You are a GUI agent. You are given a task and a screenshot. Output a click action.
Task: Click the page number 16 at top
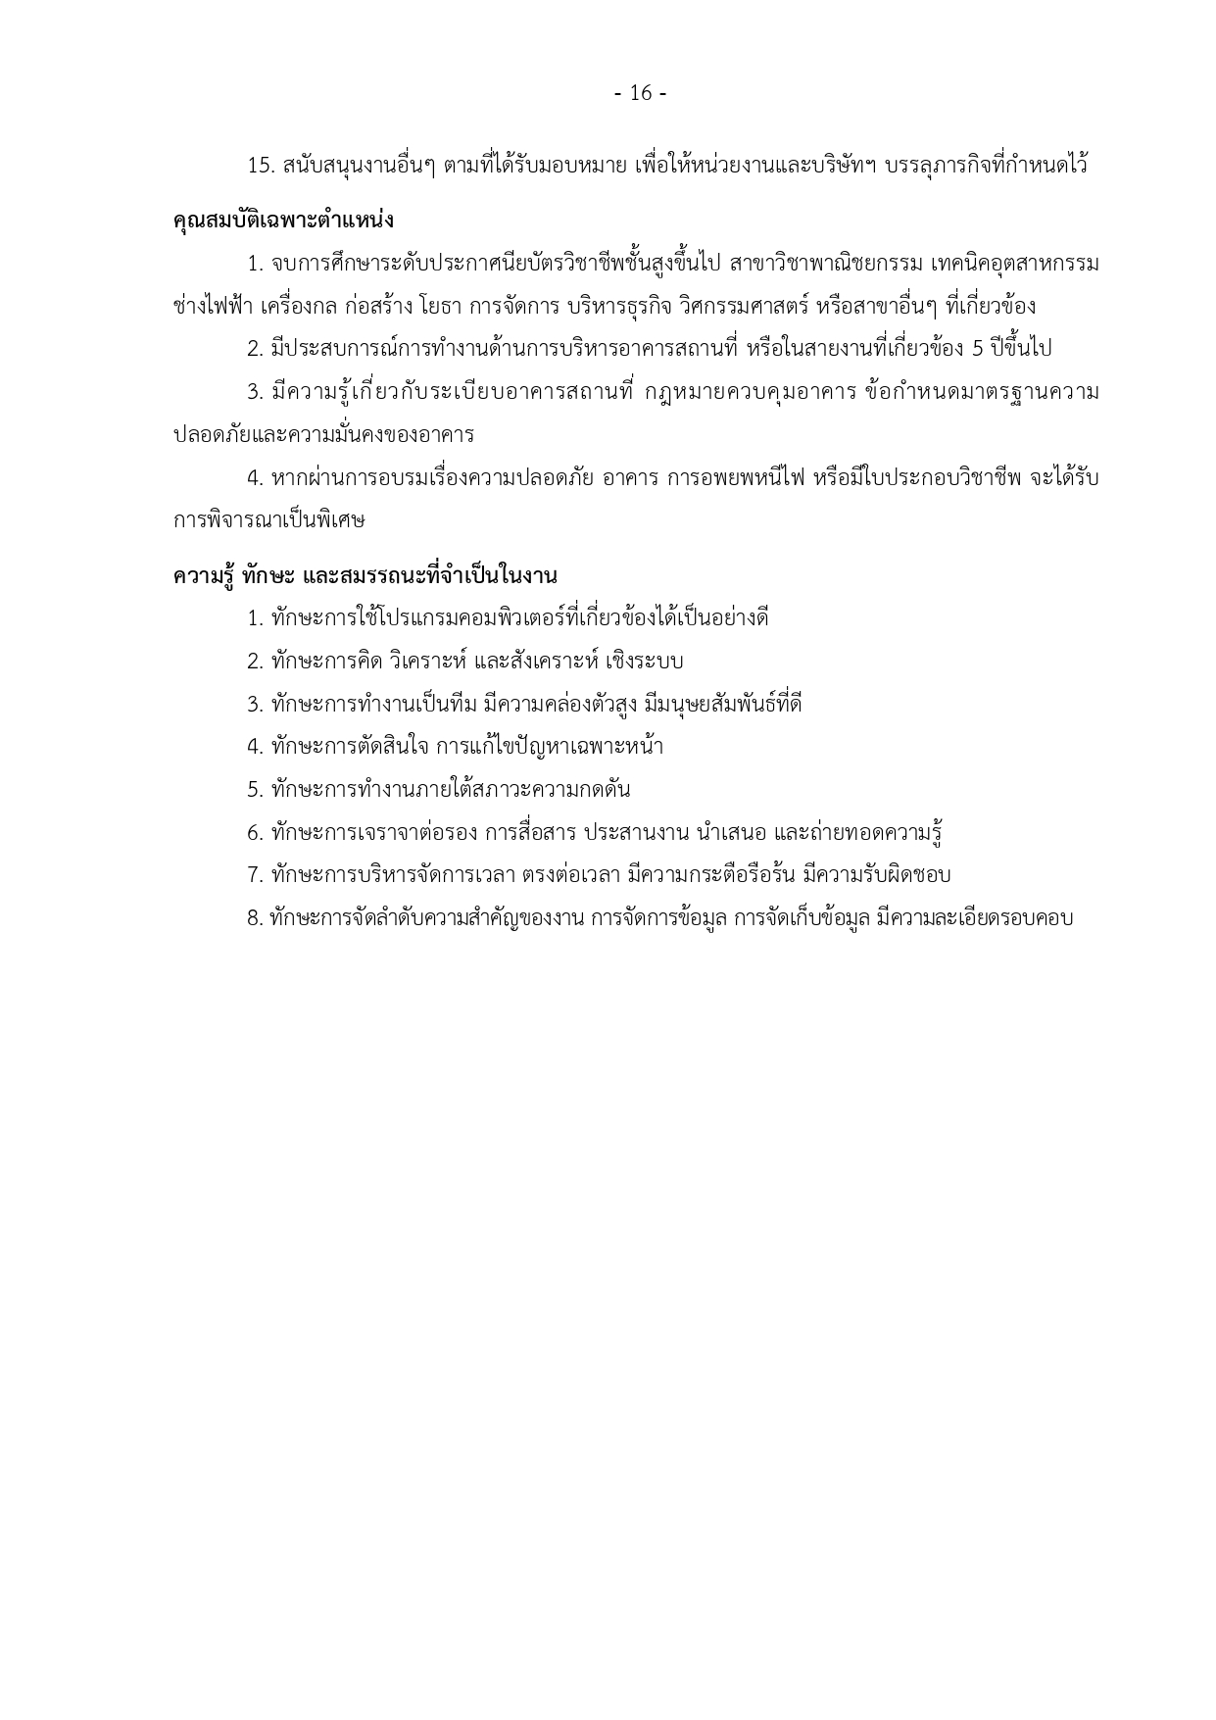640,93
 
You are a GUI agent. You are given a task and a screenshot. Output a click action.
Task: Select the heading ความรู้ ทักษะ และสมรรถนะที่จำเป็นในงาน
365,575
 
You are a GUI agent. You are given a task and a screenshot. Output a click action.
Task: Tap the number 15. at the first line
262,166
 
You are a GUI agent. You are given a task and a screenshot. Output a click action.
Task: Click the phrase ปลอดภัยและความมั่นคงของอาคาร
323,434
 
